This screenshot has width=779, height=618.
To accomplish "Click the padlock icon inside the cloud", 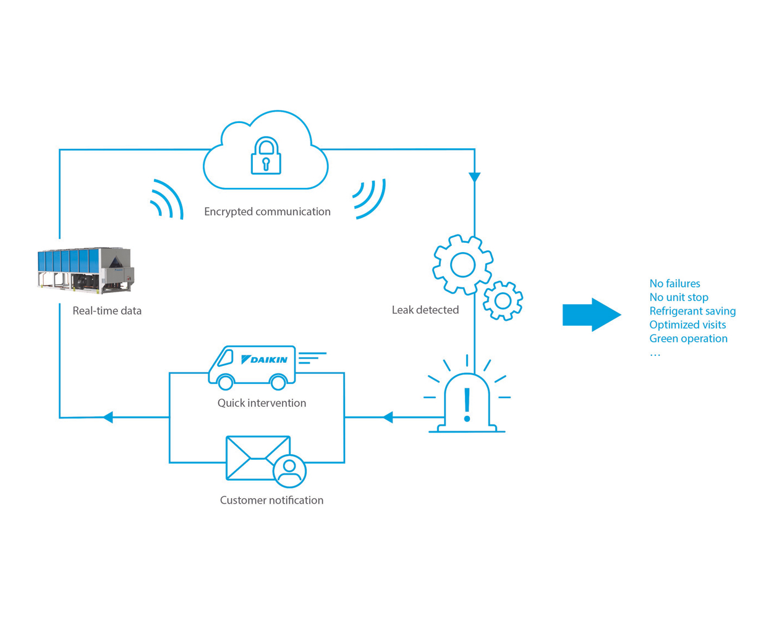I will [x=266, y=156].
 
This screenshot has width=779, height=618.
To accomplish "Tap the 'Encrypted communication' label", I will [x=267, y=211].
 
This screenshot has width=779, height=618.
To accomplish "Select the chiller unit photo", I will [x=85, y=270].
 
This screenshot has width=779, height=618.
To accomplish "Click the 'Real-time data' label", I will [x=107, y=311].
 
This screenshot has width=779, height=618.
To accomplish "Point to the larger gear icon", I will [x=462, y=265].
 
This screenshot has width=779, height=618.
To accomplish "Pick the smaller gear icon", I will [x=503, y=301].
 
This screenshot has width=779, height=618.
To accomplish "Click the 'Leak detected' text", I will [x=425, y=310].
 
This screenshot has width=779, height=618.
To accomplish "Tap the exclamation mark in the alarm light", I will [x=467, y=405].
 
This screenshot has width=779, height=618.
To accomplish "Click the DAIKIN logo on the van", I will [x=264, y=360].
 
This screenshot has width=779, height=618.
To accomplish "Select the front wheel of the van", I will [x=226, y=383].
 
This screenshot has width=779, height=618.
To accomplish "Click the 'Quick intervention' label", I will [x=262, y=403].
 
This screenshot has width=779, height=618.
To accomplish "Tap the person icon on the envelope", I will [x=289, y=471].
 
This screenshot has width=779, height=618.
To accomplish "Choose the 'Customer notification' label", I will [x=271, y=500].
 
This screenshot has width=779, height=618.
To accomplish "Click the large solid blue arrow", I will [x=591, y=315].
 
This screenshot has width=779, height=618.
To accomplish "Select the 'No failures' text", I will [x=675, y=284].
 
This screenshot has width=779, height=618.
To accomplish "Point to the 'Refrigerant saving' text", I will [x=692, y=311].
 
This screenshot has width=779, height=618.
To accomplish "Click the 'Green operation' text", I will [x=688, y=338].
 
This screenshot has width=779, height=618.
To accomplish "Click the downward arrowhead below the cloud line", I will [x=474, y=177].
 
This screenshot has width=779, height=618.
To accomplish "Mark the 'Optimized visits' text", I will [x=687, y=324].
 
